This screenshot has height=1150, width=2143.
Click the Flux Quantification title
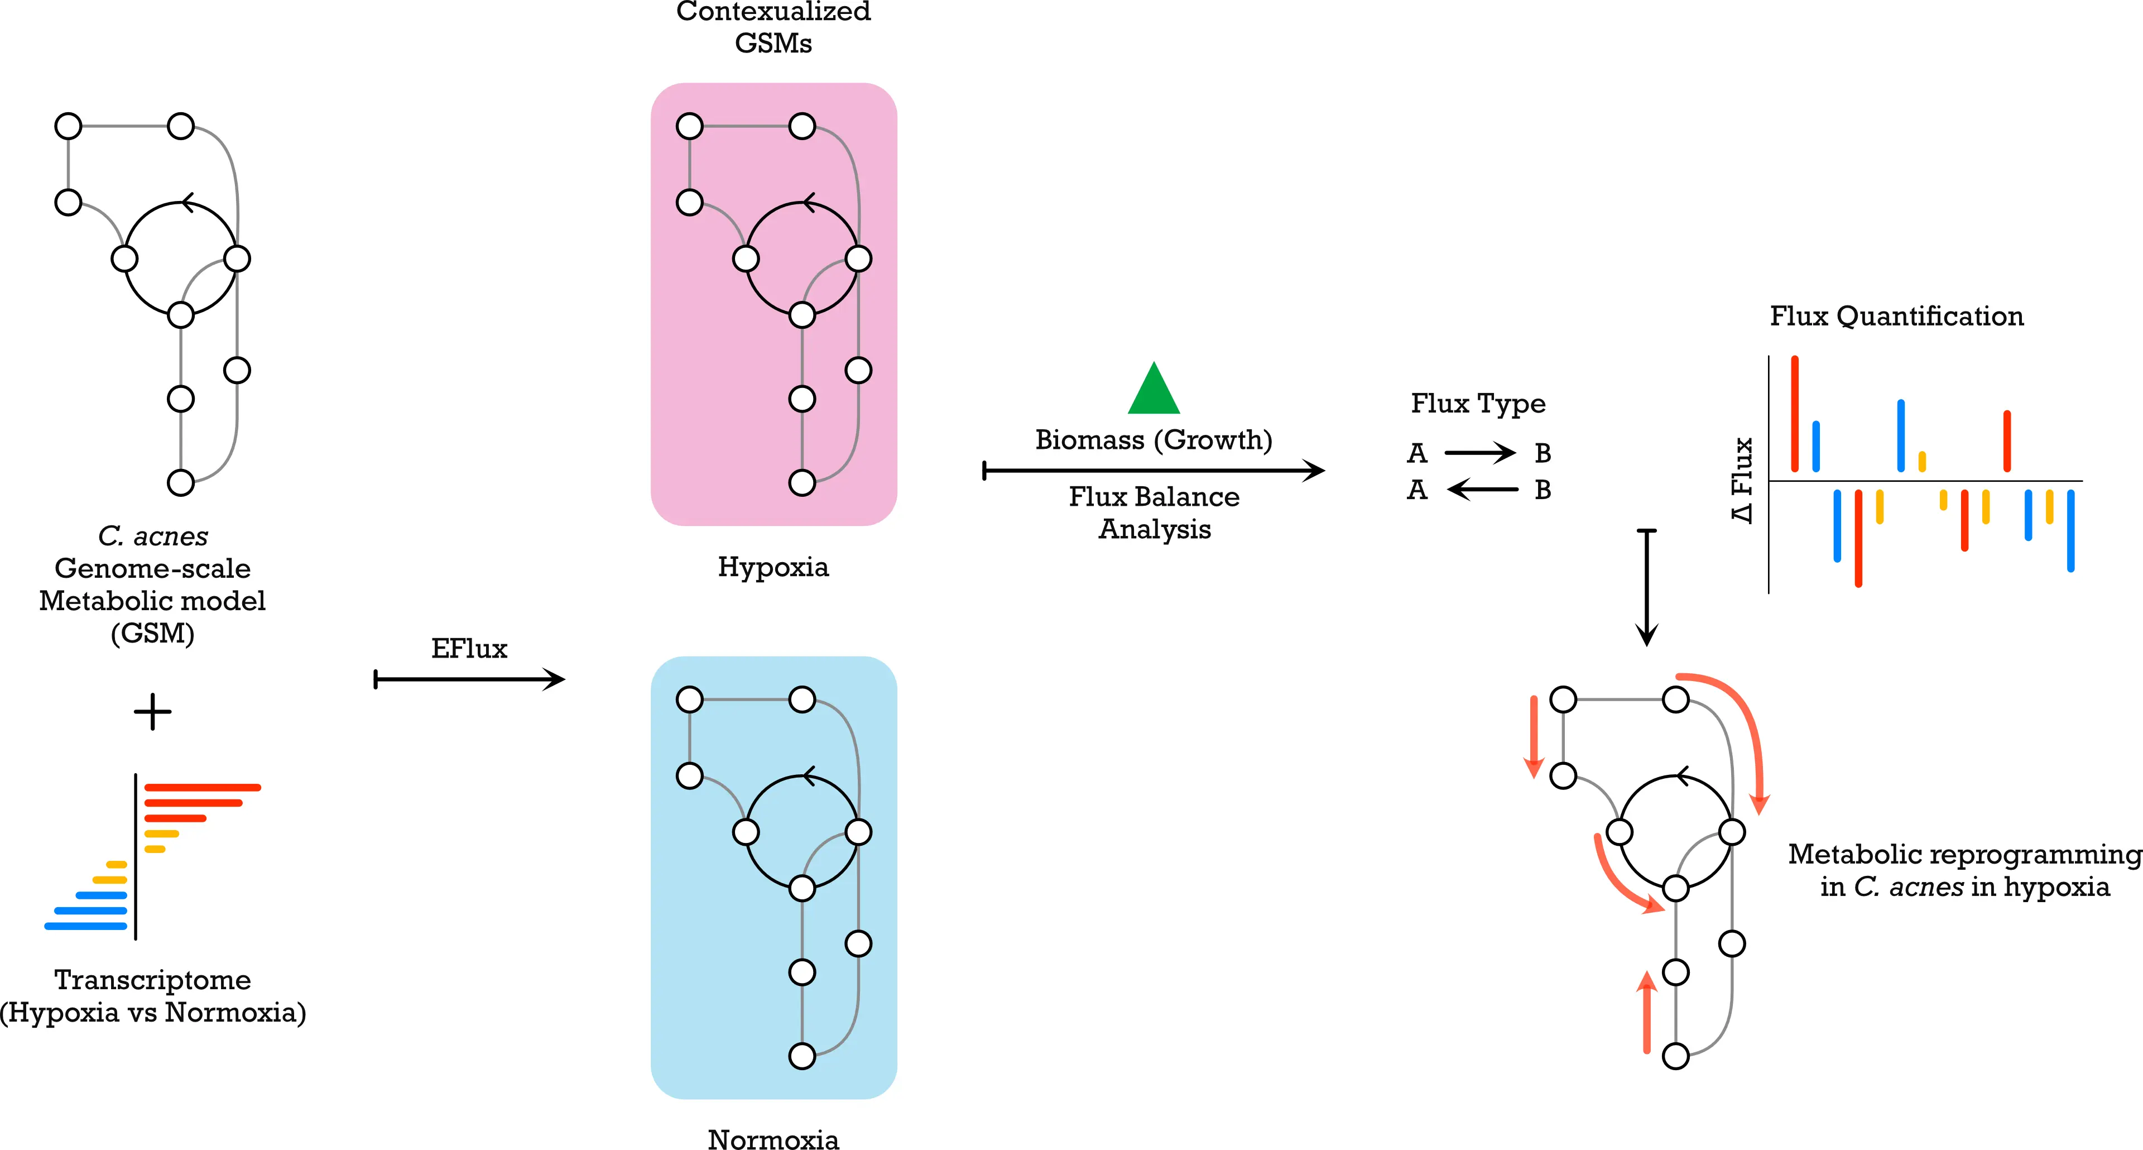point(1896,316)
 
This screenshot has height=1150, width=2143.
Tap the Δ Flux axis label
point(1742,480)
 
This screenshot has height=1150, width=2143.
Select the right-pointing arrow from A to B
point(1480,453)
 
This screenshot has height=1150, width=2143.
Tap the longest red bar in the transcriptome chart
point(202,787)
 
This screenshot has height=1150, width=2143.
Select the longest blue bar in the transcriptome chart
point(86,926)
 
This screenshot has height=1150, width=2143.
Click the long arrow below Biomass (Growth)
point(1154,471)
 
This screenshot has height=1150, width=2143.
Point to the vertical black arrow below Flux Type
point(1646,587)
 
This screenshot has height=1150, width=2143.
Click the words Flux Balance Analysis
point(1154,512)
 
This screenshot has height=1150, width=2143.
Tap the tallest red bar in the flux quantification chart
point(1794,414)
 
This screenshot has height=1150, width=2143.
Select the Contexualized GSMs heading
point(773,27)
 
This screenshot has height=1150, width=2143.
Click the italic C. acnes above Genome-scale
point(153,536)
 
